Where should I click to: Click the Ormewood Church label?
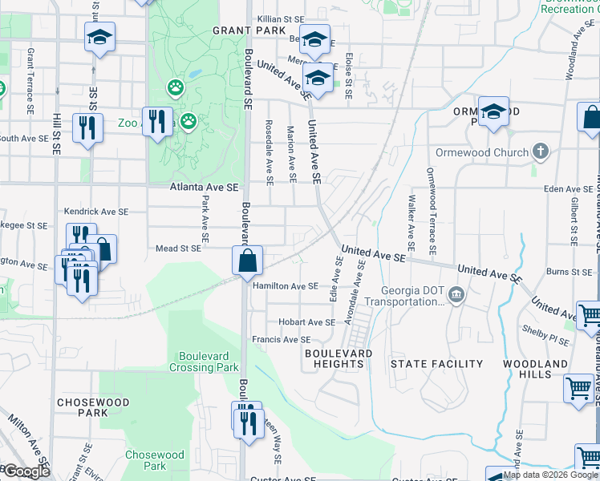(481, 152)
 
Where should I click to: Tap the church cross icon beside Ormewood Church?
(541, 151)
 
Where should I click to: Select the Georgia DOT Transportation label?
(404, 297)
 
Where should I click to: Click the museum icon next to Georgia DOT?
(456, 294)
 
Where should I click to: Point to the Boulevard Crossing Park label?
(204, 362)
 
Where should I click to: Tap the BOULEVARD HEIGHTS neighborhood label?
(339, 358)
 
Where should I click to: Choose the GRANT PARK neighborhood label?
(249, 30)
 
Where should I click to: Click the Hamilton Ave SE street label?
(285, 286)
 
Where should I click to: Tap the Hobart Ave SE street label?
(306, 322)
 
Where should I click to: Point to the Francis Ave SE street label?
(282, 340)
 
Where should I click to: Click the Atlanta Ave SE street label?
(205, 187)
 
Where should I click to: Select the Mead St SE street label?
(179, 249)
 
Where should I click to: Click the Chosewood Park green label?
(145, 460)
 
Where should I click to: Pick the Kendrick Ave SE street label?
(96, 212)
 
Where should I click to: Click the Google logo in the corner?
(26, 471)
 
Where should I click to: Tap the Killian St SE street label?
(281, 18)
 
